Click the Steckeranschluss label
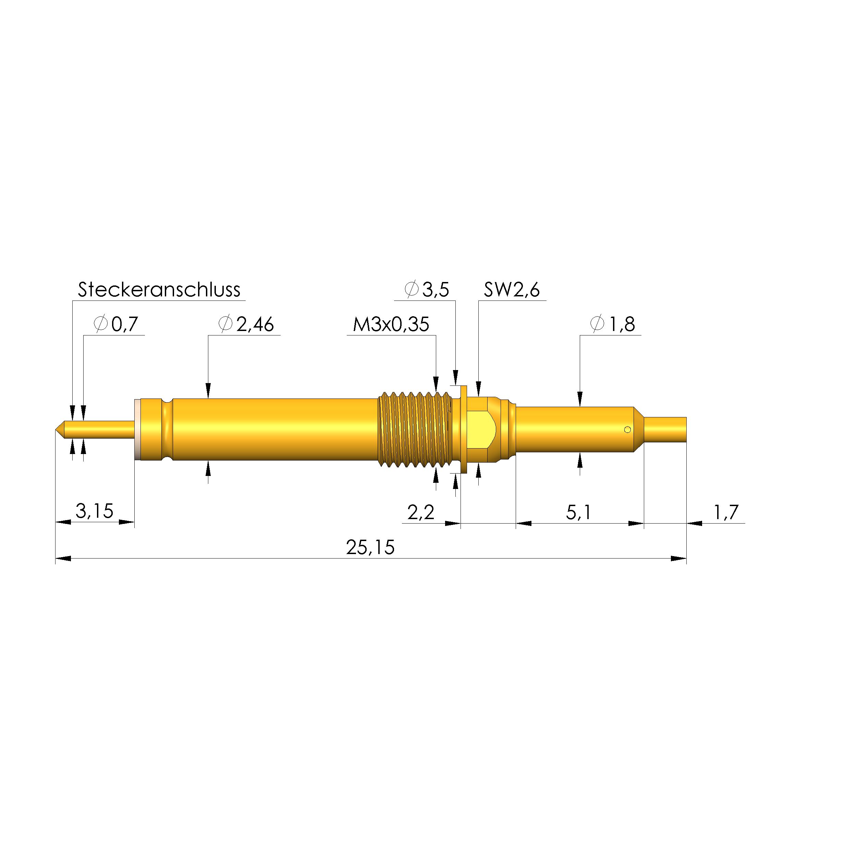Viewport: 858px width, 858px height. coord(159,290)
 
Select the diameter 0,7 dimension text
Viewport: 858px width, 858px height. coord(117,324)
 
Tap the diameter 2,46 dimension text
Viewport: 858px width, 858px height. coord(246,324)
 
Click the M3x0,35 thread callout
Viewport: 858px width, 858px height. coord(391,324)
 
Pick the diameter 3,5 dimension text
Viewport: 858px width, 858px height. coord(427,290)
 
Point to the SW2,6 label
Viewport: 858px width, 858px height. coord(512,290)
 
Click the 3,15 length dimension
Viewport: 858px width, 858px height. coord(94,511)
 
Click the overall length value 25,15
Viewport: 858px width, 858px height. coord(370,547)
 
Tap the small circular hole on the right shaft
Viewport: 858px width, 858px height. coord(627,429)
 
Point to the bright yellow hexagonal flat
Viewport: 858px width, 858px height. coord(481,429)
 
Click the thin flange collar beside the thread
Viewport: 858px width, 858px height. coord(464,429)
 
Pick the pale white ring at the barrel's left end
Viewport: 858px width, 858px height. coord(137,429)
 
